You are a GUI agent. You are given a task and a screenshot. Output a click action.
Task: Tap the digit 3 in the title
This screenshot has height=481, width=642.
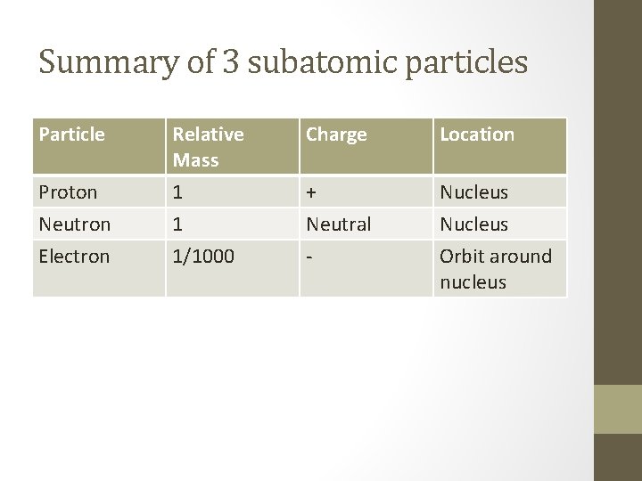coord(231,62)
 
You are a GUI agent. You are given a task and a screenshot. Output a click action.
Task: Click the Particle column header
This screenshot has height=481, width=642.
coord(72,135)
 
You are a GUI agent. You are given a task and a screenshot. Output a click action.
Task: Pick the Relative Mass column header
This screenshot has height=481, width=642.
coord(208,147)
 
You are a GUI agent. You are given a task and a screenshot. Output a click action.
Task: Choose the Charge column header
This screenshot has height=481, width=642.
coord(336,135)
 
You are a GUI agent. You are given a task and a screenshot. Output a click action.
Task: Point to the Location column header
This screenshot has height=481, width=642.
coord(477,135)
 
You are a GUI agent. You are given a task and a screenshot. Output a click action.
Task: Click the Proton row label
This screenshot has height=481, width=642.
coord(69,192)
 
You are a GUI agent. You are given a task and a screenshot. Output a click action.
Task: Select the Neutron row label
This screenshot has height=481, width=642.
coord(75,224)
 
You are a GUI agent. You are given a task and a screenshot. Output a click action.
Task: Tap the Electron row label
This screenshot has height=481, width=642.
coord(75,257)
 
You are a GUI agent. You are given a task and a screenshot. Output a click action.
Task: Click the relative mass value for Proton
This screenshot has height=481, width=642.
coord(178,192)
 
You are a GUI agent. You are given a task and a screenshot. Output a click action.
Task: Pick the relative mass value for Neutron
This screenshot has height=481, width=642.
coord(178,224)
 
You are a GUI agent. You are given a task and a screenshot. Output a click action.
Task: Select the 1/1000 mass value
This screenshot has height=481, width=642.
coord(203,257)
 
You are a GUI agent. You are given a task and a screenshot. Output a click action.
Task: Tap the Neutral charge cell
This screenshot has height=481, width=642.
coord(339,224)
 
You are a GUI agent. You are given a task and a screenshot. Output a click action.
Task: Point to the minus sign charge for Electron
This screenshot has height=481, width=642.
coord(309,257)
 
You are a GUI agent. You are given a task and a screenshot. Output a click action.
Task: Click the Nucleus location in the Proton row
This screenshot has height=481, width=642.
coord(473,192)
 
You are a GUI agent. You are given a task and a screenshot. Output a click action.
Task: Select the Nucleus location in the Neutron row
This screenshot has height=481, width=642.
coord(473,224)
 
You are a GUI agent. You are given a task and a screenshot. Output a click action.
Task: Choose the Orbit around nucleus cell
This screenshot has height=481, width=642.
coord(496,269)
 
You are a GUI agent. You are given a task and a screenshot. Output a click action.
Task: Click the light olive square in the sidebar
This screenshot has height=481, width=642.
coord(617,409)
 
